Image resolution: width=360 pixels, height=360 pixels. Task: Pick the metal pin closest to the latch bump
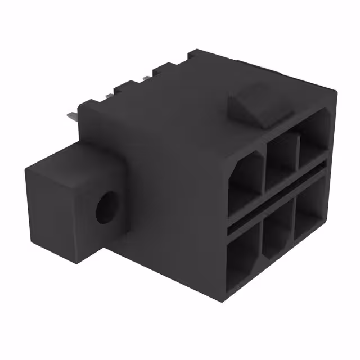(x=147, y=78)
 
